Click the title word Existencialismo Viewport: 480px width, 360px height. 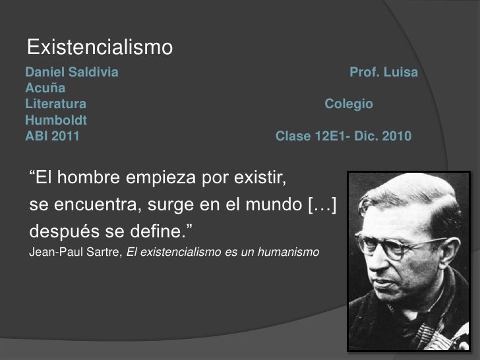click(100, 47)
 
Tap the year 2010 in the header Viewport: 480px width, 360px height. click(396, 137)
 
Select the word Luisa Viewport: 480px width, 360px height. click(400, 71)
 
